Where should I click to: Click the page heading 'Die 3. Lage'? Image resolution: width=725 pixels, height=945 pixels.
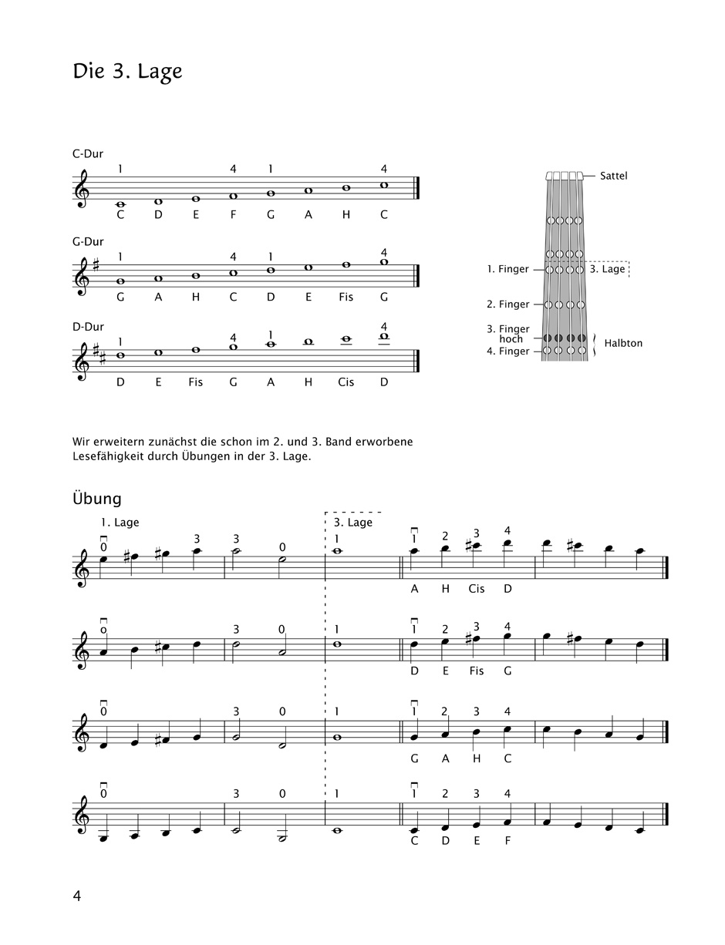pos(127,72)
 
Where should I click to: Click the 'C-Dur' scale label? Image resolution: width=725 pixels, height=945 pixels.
pos(88,153)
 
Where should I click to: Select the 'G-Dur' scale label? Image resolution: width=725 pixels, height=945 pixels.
pos(88,241)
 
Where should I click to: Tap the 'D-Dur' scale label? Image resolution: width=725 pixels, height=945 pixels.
pos(88,327)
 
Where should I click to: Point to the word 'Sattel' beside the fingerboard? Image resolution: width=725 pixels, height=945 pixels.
pos(614,176)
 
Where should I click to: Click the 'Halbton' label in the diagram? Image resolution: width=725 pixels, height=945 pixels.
pos(623,343)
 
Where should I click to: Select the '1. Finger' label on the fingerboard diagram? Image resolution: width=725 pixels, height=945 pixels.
pos(508,269)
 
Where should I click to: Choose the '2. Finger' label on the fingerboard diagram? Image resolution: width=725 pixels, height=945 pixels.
pos(508,304)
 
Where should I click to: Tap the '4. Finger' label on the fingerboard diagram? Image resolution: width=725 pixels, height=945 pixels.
pos(508,351)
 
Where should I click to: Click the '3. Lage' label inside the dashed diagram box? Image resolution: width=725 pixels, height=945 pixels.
pos(608,269)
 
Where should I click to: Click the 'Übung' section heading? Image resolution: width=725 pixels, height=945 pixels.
pos(97,498)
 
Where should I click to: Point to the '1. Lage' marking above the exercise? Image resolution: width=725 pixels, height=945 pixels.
pos(120,523)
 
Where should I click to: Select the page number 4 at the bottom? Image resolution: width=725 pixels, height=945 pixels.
pos(77,895)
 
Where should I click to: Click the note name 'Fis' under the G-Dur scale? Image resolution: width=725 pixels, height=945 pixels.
pos(346,297)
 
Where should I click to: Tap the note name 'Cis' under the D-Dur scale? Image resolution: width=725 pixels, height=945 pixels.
pos(346,382)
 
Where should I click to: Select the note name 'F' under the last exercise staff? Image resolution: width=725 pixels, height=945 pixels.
pos(507,840)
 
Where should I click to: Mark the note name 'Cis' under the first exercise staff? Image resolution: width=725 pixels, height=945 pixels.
pos(477,588)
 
